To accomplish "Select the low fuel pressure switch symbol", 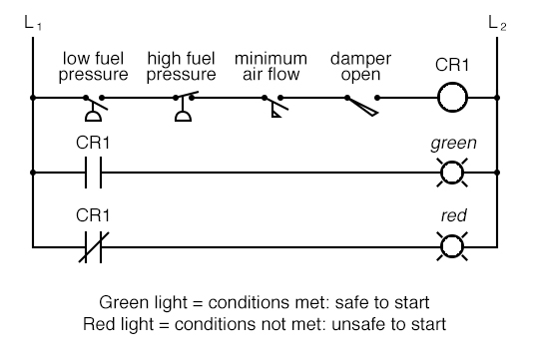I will [96, 103].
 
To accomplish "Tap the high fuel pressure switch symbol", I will [184, 103].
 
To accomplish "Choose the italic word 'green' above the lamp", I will [452, 143].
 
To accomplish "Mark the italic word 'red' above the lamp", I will [452, 216].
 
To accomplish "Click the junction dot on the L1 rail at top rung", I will [33, 99].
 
